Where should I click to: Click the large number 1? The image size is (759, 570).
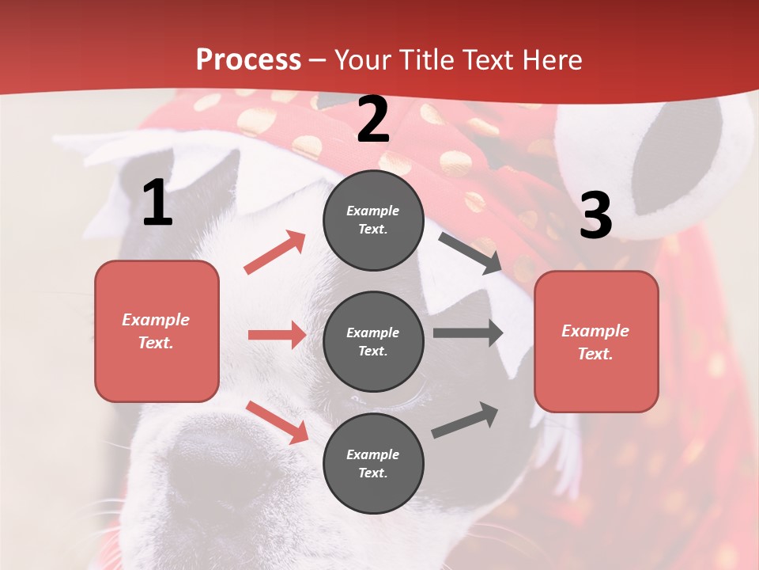pyautogui.click(x=157, y=203)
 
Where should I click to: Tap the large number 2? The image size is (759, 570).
pyautogui.click(x=373, y=120)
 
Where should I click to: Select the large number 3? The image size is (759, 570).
pyautogui.click(x=596, y=215)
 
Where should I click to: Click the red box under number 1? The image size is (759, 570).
pyautogui.click(x=157, y=331)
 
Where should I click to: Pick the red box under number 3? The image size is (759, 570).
pyautogui.click(x=596, y=341)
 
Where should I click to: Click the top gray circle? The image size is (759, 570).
pyautogui.click(x=373, y=220)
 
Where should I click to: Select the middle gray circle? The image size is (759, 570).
pyautogui.click(x=373, y=341)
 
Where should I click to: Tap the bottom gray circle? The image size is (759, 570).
pyautogui.click(x=373, y=463)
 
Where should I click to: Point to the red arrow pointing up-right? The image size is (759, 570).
pyautogui.click(x=275, y=252)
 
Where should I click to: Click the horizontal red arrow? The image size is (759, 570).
pyautogui.click(x=277, y=335)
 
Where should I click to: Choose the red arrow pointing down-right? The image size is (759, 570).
pyautogui.click(x=278, y=422)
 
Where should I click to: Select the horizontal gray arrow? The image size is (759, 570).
pyautogui.click(x=468, y=332)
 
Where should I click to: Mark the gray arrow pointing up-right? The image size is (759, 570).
pyautogui.click(x=466, y=420)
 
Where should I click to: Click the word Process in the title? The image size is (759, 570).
pyautogui.click(x=248, y=59)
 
